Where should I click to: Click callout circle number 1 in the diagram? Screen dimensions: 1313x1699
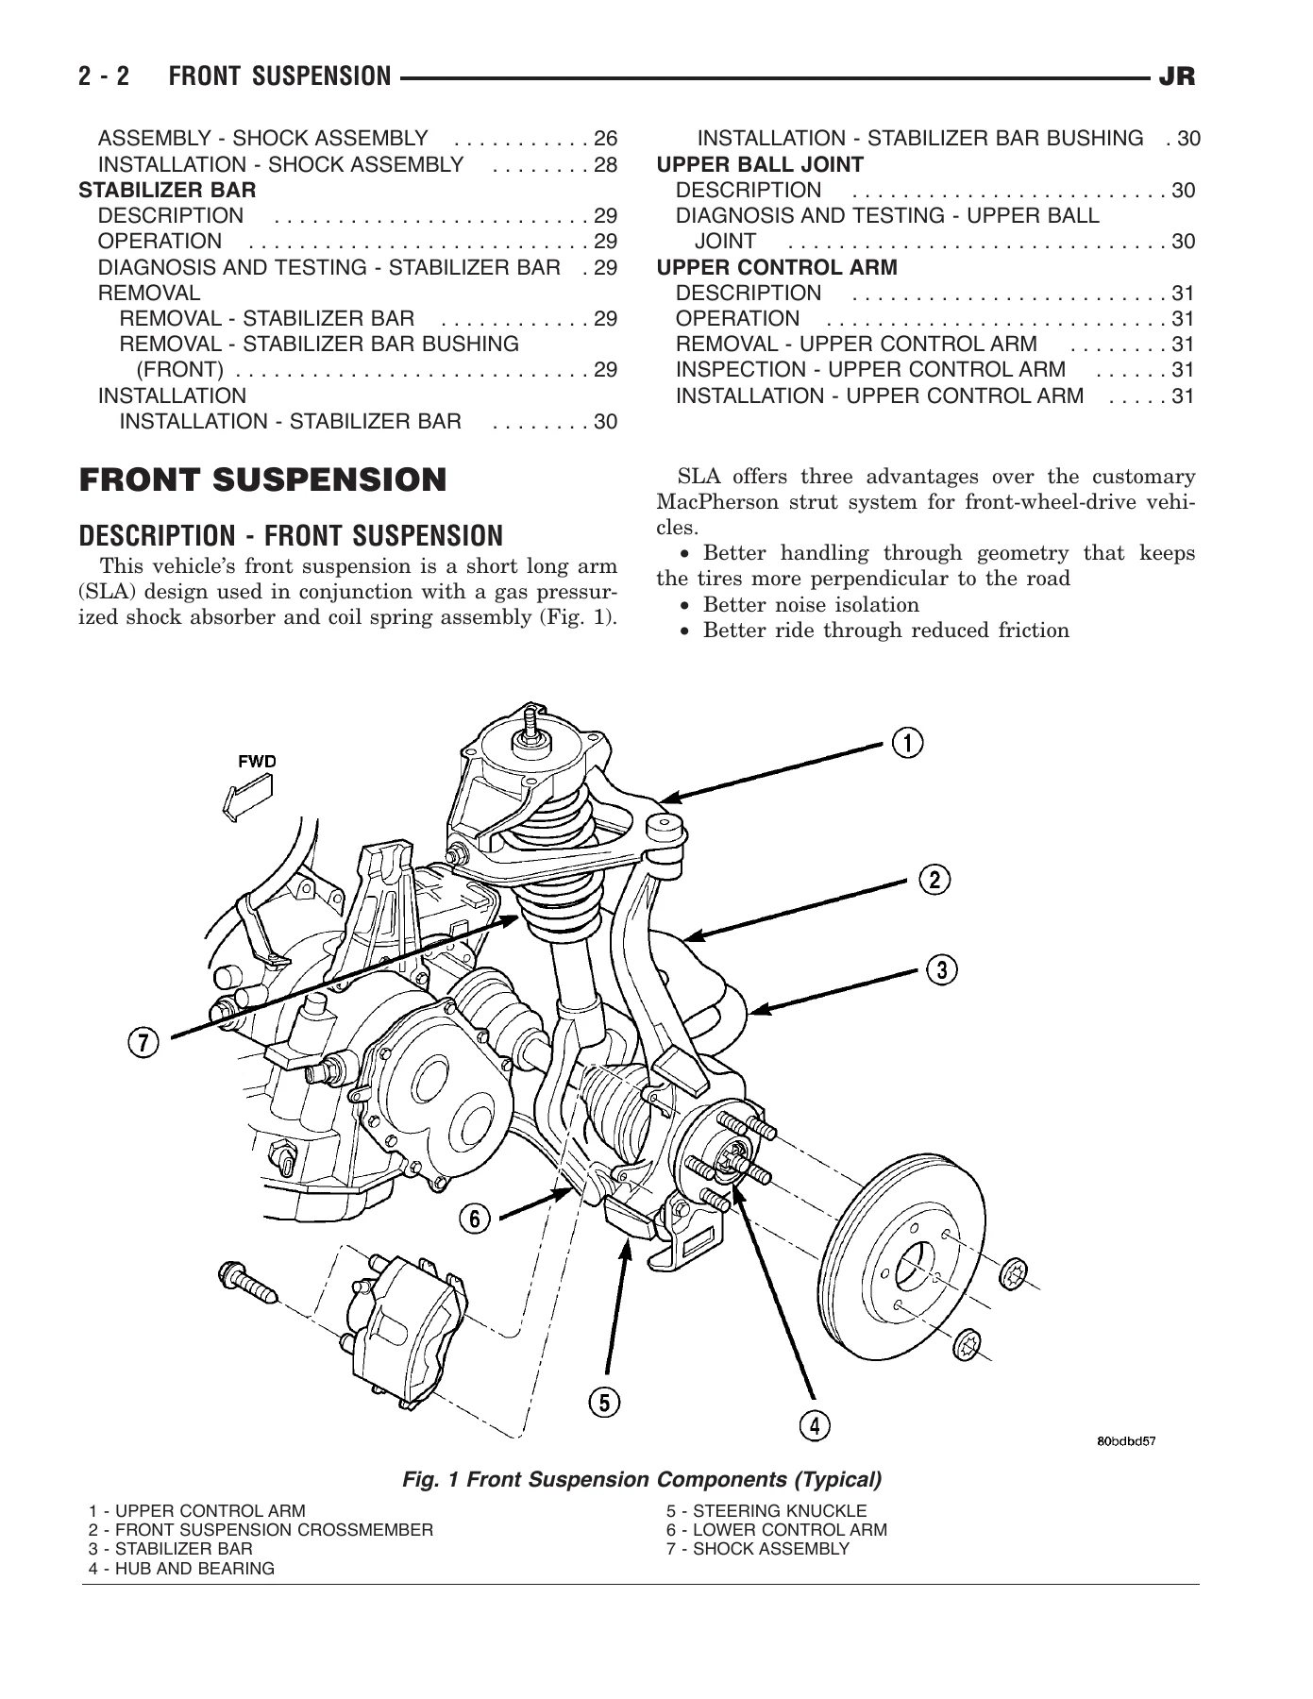pyautogui.click(x=908, y=743)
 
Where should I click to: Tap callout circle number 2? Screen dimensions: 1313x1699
pyautogui.click(x=934, y=881)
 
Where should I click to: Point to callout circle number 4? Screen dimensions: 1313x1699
pyautogui.click(x=815, y=1424)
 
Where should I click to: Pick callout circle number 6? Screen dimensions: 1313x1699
pyautogui.click(x=475, y=1219)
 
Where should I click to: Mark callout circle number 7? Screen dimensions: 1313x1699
pyautogui.click(x=143, y=1043)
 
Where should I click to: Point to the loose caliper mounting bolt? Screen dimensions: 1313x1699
pyautogui.click(x=247, y=1281)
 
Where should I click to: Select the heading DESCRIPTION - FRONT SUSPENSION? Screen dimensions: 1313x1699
pyautogui.click(x=292, y=536)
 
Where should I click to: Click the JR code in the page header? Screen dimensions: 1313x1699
pyautogui.click(x=1177, y=76)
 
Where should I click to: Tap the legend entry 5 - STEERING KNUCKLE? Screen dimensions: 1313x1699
pyautogui.click(x=766, y=1511)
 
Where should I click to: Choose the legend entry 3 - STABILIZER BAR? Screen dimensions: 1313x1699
pyautogui.click(x=171, y=1549)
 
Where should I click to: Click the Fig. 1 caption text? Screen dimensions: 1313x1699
pyautogui.click(x=642, y=1479)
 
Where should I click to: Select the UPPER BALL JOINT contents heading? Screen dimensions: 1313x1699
pyautogui.click(x=760, y=165)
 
